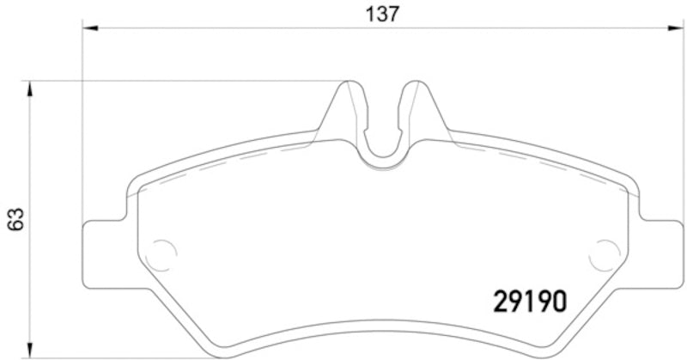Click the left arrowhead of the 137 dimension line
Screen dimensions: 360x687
pyautogui.click(x=89, y=28)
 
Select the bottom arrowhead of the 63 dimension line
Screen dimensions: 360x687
pyautogui.click(x=30, y=352)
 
